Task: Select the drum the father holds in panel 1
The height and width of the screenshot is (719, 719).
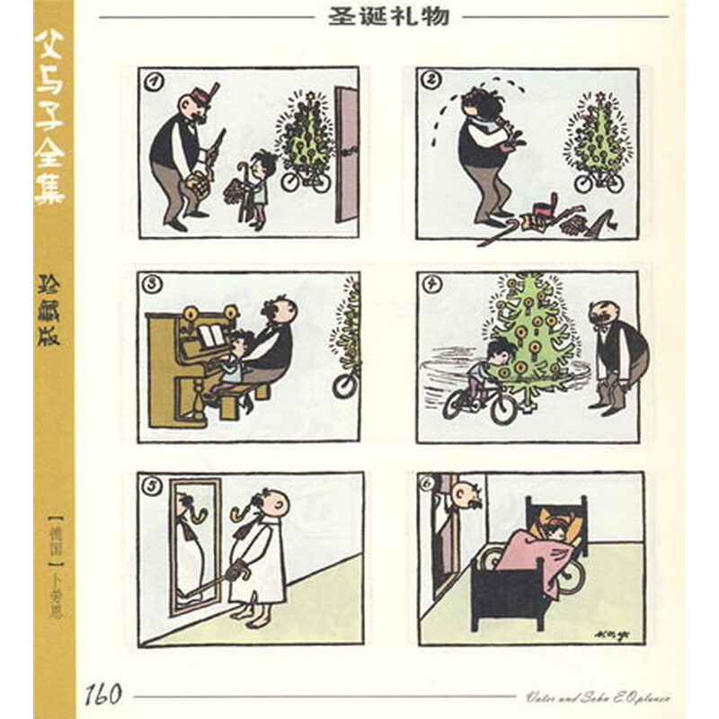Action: click(x=190, y=182)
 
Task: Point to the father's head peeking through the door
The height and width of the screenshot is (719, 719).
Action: click(x=461, y=494)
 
